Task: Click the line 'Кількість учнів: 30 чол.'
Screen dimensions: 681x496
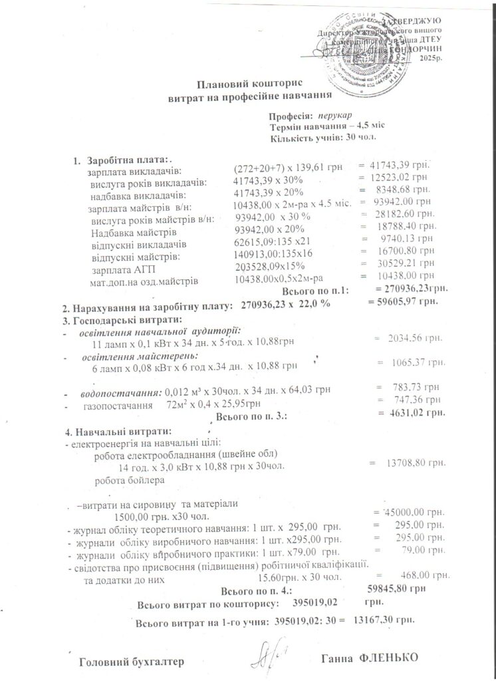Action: [x=324, y=138]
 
